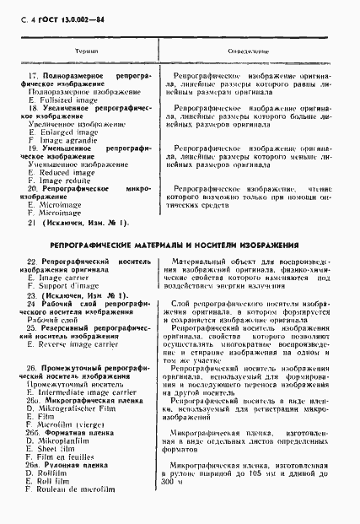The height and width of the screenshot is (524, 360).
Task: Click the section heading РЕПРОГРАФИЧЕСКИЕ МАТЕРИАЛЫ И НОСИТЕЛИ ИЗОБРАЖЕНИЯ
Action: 174,245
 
